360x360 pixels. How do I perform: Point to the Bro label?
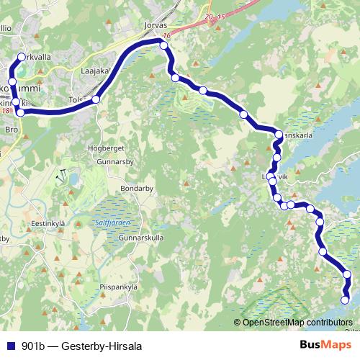pyautogui.click(x=11, y=130)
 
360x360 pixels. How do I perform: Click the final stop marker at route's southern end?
pyautogui.click(x=345, y=300)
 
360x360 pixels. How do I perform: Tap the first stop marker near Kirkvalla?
pyautogui.click(x=21, y=57)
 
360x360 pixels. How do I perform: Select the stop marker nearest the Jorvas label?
pyautogui.click(x=163, y=45)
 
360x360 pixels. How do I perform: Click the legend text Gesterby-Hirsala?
pyautogui.click(x=102, y=346)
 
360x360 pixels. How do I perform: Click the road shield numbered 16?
pyautogui.click(x=167, y=35)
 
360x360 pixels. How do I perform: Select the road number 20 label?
pyautogui.click(x=209, y=16)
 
